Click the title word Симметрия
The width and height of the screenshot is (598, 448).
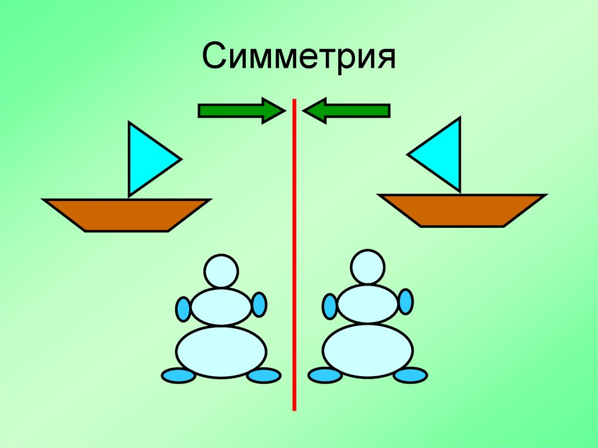[x=299, y=59]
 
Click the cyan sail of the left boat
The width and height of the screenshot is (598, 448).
[x=148, y=158]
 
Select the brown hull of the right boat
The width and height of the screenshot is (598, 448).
[x=462, y=210]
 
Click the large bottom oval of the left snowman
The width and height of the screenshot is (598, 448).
[x=221, y=352]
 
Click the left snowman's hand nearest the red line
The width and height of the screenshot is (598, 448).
[x=259, y=304]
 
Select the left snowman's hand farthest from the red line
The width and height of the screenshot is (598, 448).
[x=183, y=308]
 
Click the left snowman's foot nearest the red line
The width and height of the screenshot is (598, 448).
[x=263, y=376]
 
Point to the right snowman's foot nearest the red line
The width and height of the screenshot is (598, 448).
[x=325, y=375]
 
